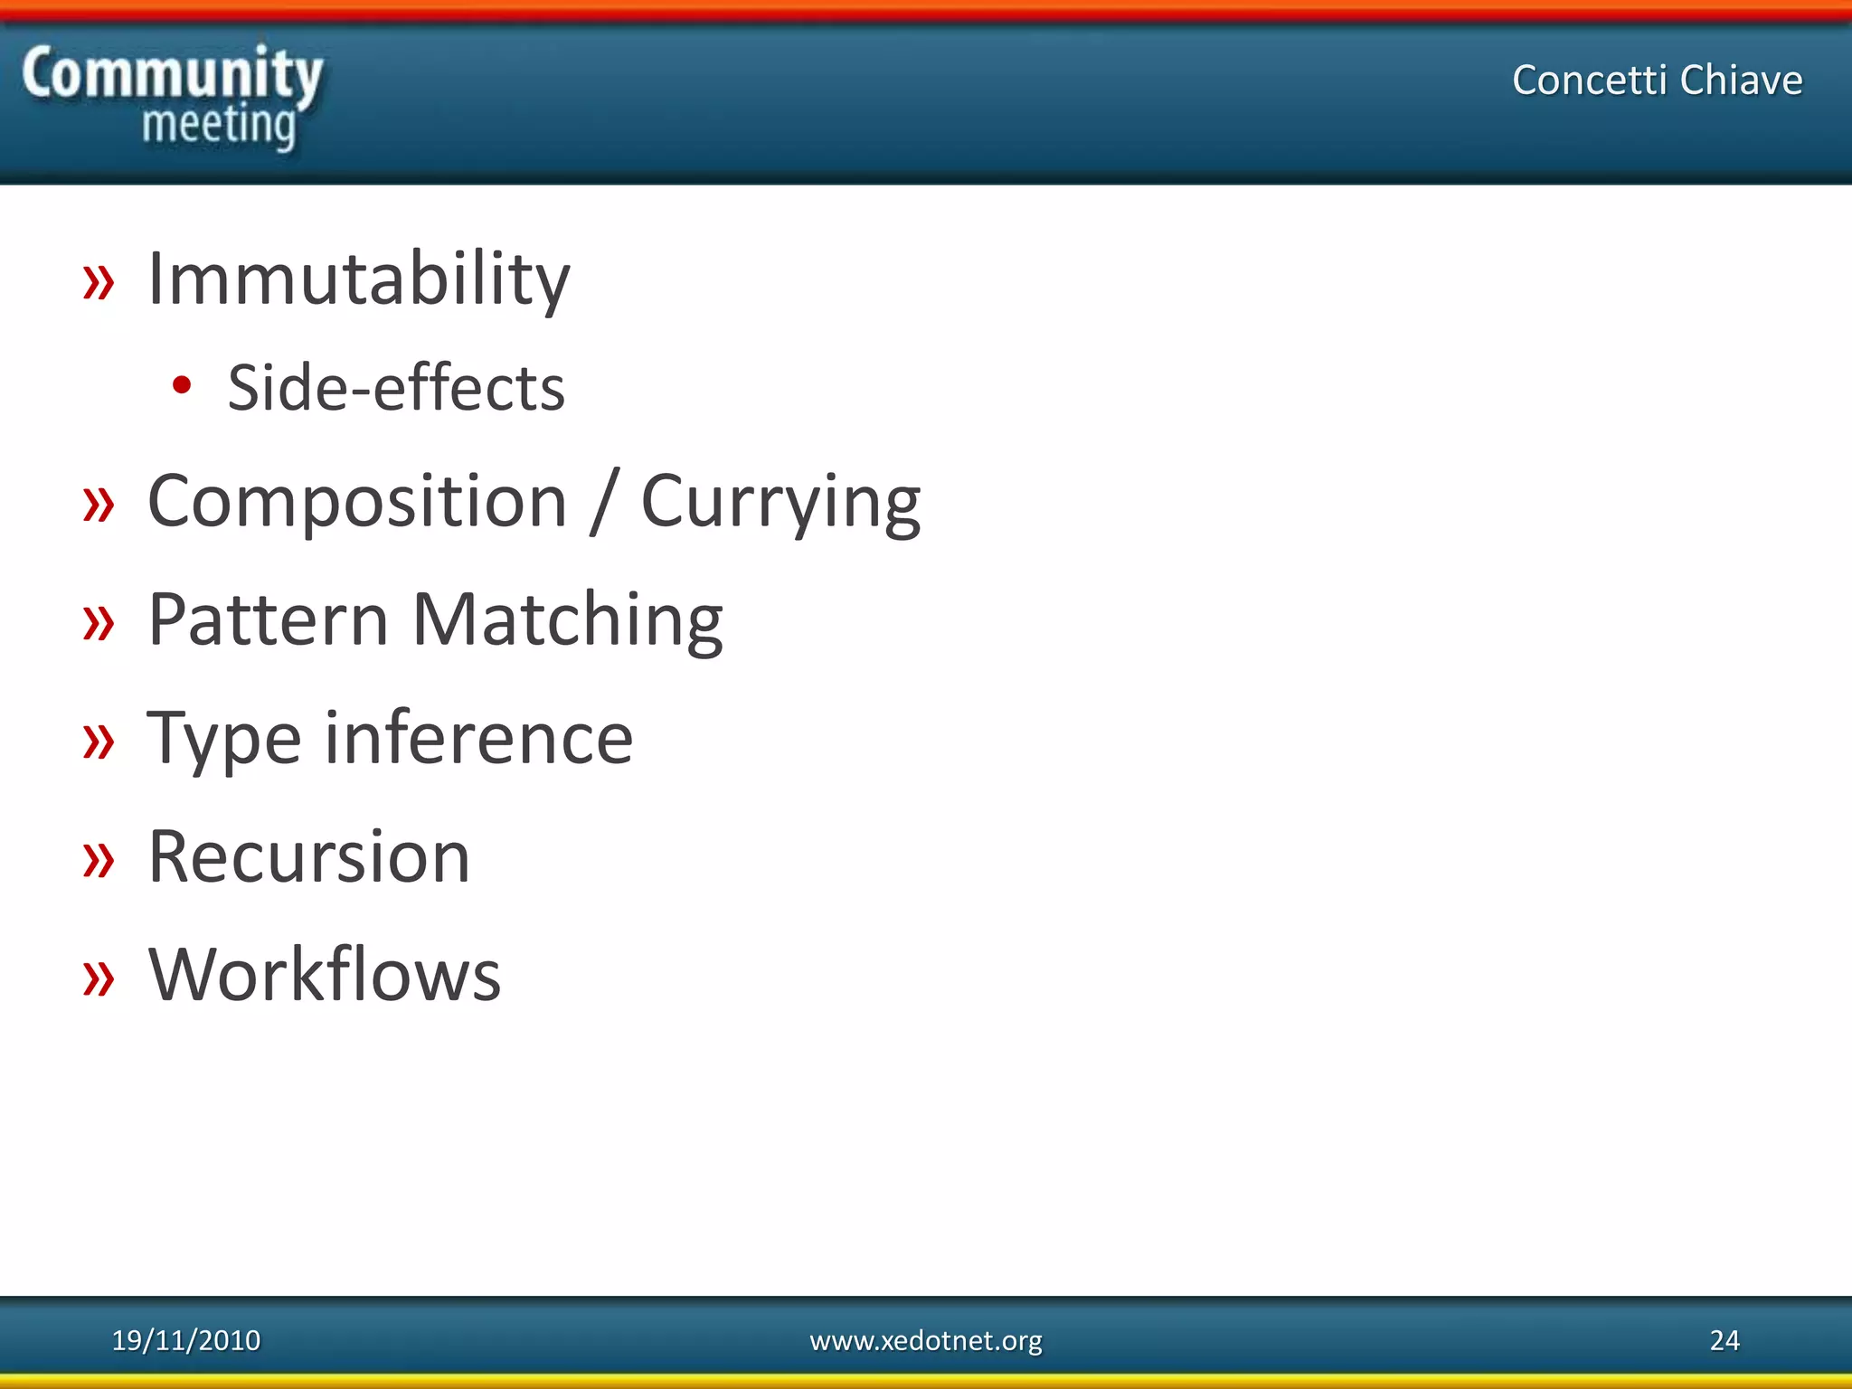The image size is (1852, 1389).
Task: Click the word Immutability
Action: tap(358, 280)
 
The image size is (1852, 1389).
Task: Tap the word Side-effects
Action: tap(396, 388)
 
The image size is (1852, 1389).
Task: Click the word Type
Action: tap(223, 739)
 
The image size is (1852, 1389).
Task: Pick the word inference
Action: tap(479, 739)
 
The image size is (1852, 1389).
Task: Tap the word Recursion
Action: tap(309, 856)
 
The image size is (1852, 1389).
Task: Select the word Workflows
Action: tap(325, 975)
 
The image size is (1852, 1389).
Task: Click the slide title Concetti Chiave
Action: tap(1657, 80)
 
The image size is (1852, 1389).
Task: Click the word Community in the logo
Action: tap(172, 74)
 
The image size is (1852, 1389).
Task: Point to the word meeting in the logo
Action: tap(219, 125)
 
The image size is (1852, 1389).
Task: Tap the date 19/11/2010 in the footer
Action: tap(185, 1340)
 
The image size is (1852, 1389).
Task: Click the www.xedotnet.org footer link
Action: tap(925, 1340)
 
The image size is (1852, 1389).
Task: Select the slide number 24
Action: tap(1724, 1340)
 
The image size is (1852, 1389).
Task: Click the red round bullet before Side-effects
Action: tap(182, 386)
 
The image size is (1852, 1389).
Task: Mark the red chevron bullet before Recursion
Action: tap(99, 860)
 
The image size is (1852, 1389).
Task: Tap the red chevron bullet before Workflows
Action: tap(99, 978)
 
